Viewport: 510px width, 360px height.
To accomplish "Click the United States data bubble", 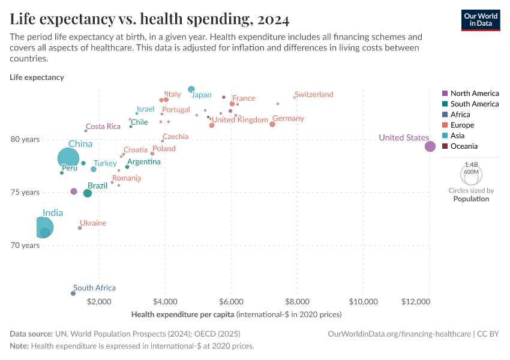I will (x=430, y=146).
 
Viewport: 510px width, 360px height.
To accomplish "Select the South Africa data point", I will (x=73, y=293).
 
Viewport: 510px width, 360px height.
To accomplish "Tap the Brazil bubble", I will (x=88, y=193).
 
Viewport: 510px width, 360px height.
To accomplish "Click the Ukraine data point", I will (x=80, y=228).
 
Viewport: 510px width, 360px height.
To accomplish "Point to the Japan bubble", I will (x=191, y=89).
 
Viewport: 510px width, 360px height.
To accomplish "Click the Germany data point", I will (x=272, y=124).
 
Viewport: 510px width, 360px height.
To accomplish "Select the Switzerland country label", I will (x=314, y=95).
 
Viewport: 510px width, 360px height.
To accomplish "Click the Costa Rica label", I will (x=103, y=127).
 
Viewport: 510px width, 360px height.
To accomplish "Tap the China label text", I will (x=80, y=144).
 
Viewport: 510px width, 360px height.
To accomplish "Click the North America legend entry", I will (x=474, y=94).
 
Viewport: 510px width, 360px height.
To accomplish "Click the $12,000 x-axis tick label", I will (x=428, y=301).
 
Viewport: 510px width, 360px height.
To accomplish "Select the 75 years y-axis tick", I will (x=27, y=193).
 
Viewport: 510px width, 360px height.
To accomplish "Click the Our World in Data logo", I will (x=480, y=20).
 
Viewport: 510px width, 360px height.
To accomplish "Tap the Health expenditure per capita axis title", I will (x=182, y=314).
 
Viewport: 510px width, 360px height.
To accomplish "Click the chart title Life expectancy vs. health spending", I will (x=149, y=19).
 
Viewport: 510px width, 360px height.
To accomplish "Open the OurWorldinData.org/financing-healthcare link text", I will (x=400, y=334).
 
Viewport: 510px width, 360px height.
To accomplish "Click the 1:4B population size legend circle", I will (x=471, y=174).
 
